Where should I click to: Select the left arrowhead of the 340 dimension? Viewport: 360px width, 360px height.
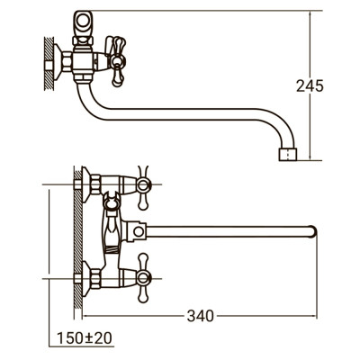tap(89, 315)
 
